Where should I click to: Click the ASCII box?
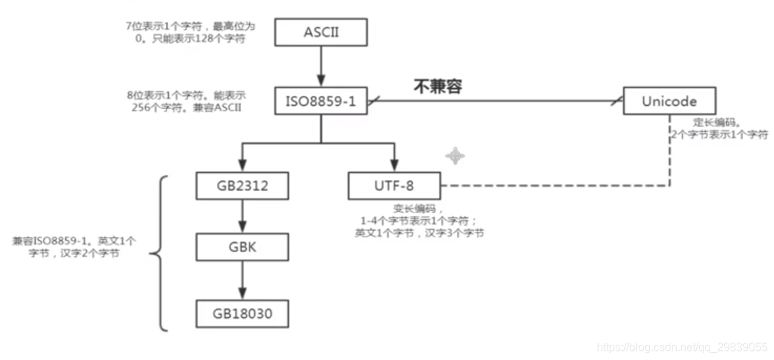[x=321, y=32]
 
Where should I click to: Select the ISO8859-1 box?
[x=321, y=101]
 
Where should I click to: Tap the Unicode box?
[x=670, y=101]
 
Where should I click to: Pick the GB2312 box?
[x=242, y=186]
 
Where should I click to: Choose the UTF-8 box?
[x=394, y=186]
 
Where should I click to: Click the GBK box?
[x=242, y=247]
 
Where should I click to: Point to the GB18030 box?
[x=242, y=313]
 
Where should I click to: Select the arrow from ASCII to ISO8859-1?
[x=321, y=67]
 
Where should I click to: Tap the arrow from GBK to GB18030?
[x=242, y=280]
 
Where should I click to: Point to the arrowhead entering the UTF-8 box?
[x=394, y=166]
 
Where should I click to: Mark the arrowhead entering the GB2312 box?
[x=242, y=166]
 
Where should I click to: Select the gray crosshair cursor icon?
[x=455, y=155]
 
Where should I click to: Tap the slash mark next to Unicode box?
[x=616, y=102]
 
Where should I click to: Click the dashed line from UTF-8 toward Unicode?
[x=553, y=186]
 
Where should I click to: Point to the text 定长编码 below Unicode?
[x=712, y=121]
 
